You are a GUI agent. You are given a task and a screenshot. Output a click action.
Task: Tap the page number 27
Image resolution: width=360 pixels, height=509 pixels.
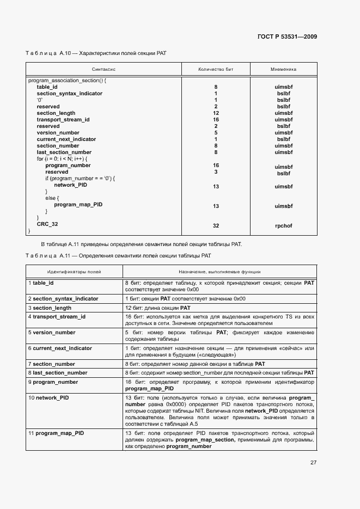click(313, 463)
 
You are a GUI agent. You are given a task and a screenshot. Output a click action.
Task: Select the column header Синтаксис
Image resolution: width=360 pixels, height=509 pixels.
click(103, 70)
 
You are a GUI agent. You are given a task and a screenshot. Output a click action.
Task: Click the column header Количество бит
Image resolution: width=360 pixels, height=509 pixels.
click(216, 70)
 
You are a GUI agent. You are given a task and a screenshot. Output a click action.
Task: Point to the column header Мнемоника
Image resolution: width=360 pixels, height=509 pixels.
click(283, 70)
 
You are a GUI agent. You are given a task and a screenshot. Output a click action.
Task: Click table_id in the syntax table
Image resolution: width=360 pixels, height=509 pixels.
click(47, 87)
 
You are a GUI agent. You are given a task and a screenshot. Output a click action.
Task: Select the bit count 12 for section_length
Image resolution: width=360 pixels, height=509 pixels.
click(216, 113)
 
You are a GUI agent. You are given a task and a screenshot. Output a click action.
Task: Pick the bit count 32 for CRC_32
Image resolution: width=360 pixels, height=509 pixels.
click(216, 225)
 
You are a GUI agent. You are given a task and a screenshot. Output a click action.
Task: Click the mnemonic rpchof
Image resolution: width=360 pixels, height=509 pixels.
click(283, 225)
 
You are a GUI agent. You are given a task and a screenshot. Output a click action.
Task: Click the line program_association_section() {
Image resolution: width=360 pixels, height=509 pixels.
click(67, 81)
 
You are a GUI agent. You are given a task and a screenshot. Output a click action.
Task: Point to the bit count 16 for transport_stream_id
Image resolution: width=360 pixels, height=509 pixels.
click(216, 120)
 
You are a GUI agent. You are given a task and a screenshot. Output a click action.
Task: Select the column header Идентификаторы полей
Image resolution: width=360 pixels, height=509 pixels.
click(74, 271)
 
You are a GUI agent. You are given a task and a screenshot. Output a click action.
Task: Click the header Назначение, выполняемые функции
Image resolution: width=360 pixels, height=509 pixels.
click(219, 271)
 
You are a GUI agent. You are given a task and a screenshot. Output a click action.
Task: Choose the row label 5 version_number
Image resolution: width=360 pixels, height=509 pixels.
click(52, 333)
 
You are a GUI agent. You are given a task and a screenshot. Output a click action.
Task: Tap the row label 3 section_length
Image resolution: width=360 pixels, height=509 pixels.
click(51, 308)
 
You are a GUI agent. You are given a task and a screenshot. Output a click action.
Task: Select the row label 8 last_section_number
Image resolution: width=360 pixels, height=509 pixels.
click(58, 373)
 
